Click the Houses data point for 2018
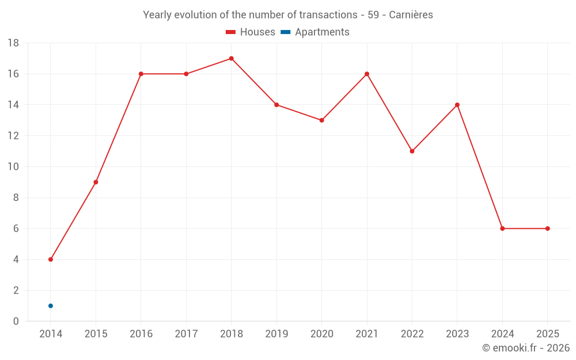(231, 58)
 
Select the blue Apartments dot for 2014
(51, 306)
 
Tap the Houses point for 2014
(51, 259)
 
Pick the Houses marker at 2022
(412, 151)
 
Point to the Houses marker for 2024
(502, 229)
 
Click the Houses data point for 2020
(321, 120)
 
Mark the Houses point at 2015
(96, 182)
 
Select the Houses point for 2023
(457, 105)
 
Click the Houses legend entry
(251, 32)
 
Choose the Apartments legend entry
(315, 32)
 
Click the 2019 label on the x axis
(276, 334)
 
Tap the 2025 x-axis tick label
(547, 334)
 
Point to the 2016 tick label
(141, 334)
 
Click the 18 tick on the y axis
(13, 43)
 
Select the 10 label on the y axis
(13, 167)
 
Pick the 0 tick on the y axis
(16, 321)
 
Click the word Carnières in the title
(411, 15)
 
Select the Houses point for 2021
(367, 74)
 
